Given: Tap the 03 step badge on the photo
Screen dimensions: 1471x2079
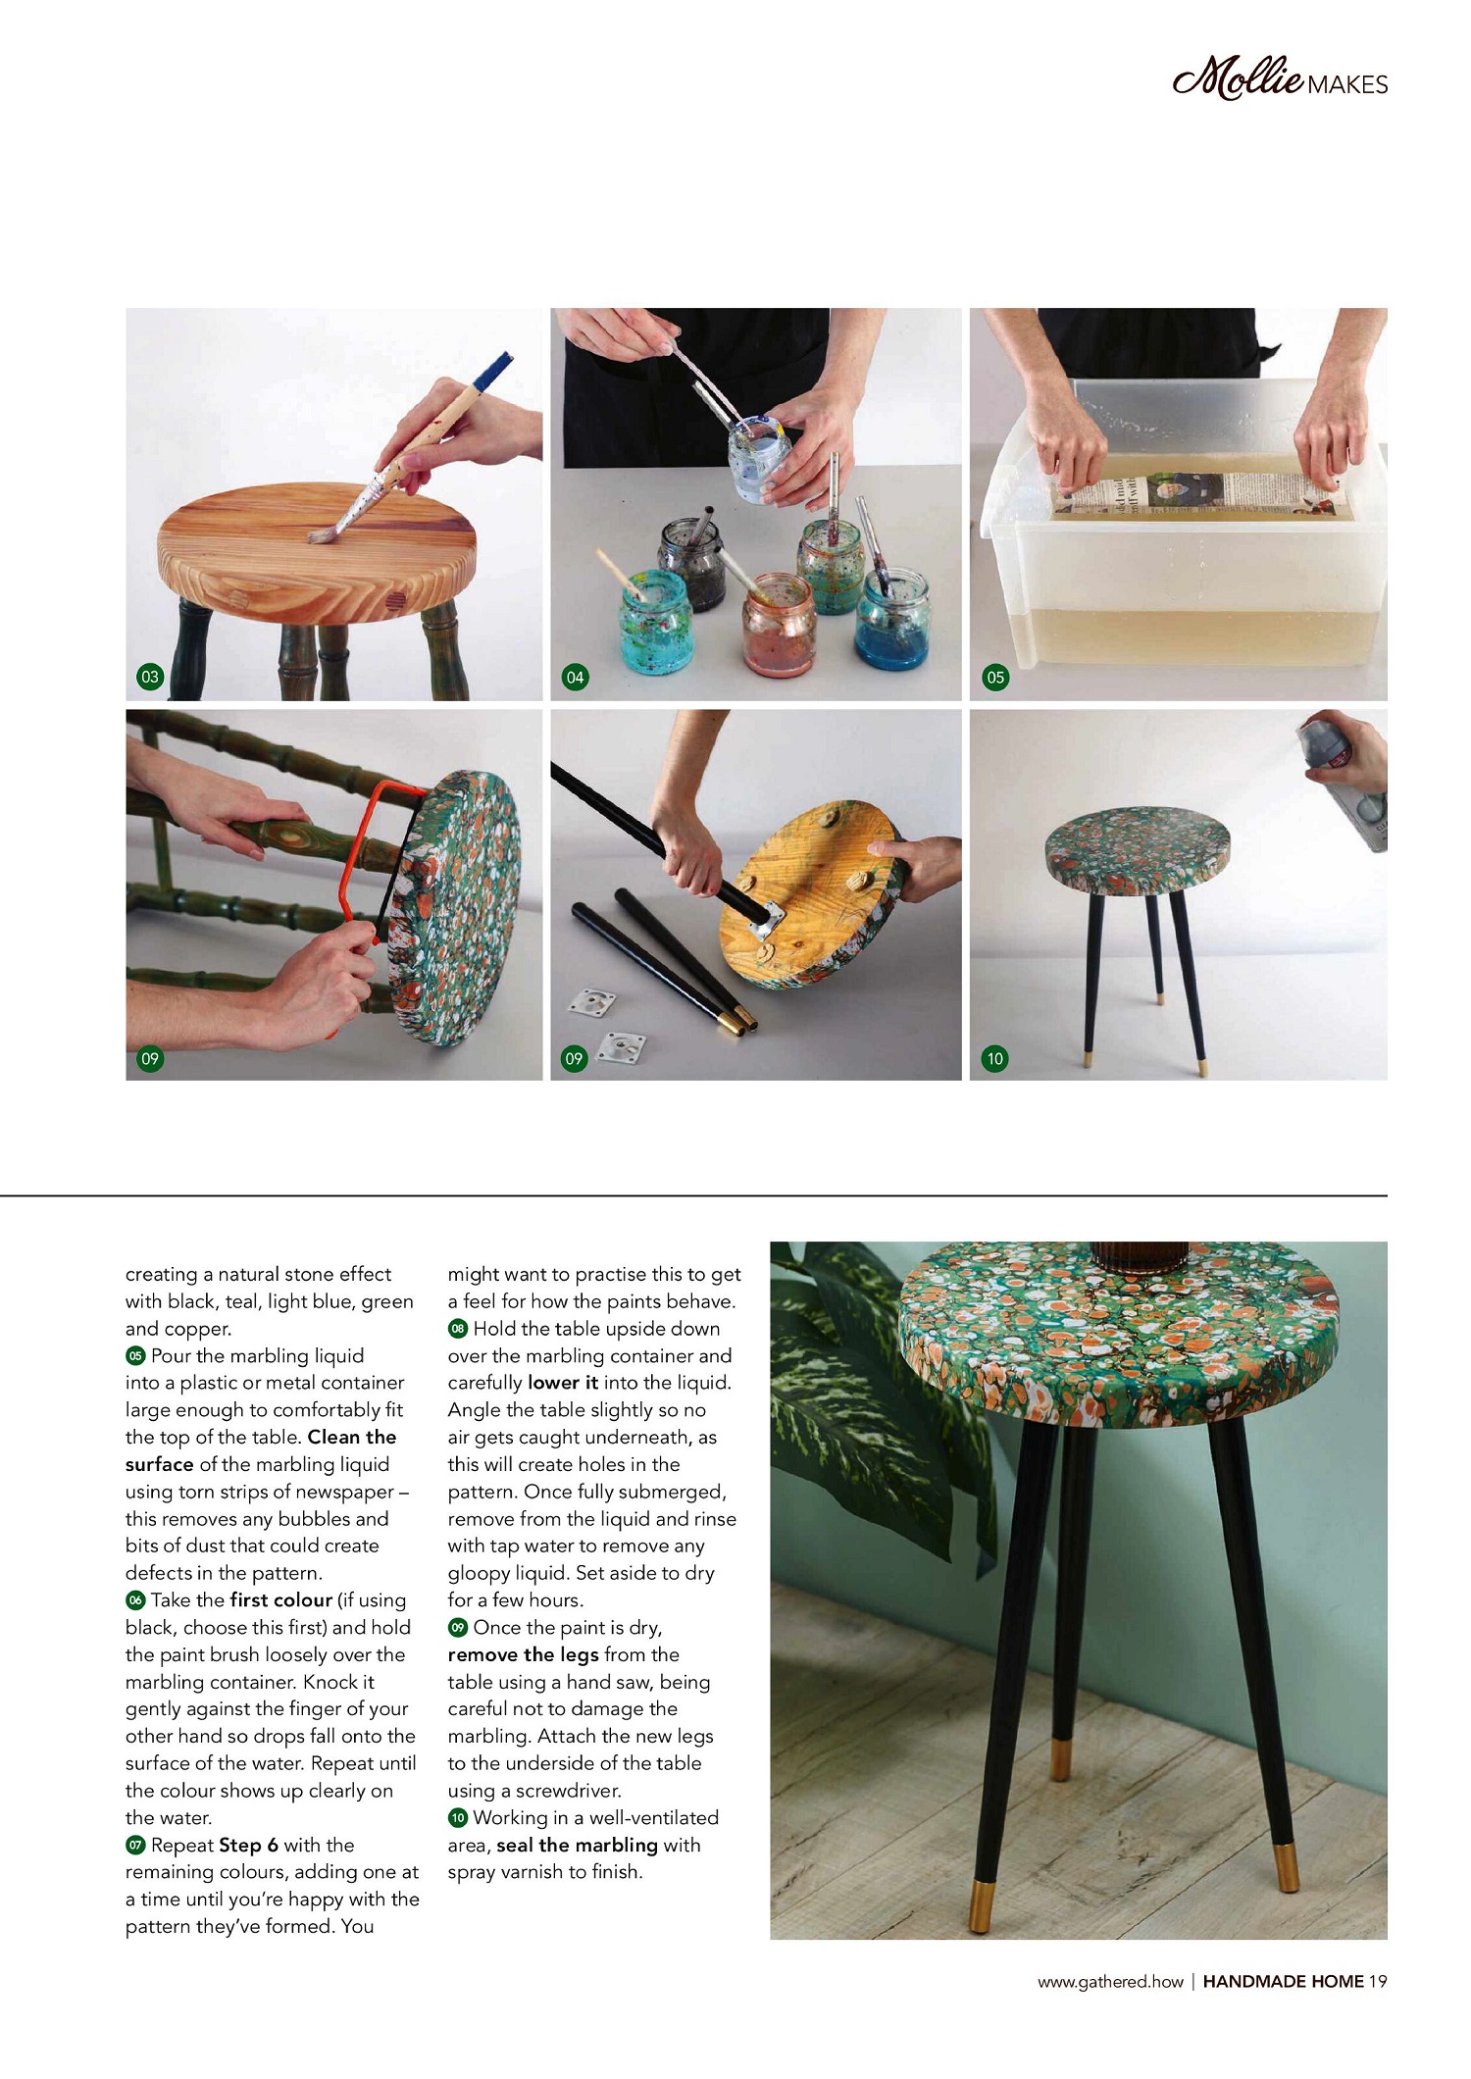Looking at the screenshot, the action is [150, 677].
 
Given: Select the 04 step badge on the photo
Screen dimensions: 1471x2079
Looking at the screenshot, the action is [575, 677].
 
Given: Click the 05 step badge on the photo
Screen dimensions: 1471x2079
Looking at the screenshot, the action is [995, 677].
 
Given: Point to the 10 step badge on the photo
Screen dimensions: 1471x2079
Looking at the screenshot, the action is [995, 1058].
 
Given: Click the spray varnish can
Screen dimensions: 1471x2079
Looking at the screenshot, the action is [1348, 785].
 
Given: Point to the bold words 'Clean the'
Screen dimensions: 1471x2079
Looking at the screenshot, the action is [352, 1437].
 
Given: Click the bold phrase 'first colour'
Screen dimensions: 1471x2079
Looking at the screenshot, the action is [281, 1599].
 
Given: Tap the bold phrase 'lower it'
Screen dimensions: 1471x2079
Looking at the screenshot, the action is [563, 1383].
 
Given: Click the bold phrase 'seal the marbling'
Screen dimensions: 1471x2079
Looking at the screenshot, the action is [578, 1845].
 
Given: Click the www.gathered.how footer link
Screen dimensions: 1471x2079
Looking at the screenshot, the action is [1111, 1981].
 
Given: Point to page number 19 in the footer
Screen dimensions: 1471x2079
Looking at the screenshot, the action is [1378, 1981].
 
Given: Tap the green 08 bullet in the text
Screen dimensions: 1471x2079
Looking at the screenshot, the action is [458, 1329].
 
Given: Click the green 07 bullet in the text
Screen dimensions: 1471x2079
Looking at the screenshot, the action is [135, 1845].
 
